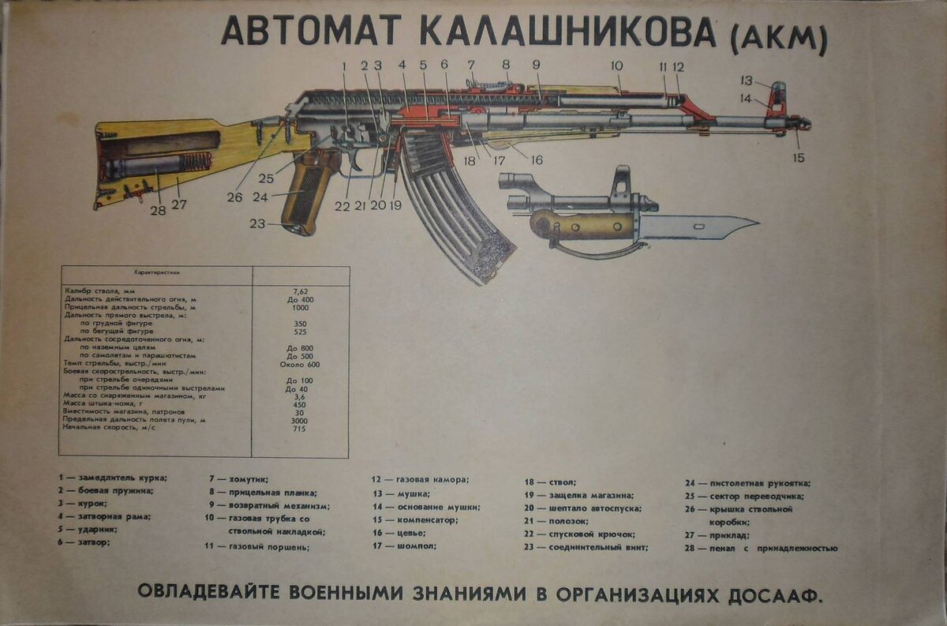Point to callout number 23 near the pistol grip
[x=257, y=223]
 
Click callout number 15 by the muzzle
[x=799, y=157]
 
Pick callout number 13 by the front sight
[x=747, y=80]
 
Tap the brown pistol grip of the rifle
[x=306, y=193]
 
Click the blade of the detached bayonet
[x=694, y=227]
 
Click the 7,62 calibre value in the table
[x=300, y=291]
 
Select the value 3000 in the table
[x=300, y=420]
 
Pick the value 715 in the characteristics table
[x=300, y=429]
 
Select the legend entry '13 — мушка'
[x=402, y=493]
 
